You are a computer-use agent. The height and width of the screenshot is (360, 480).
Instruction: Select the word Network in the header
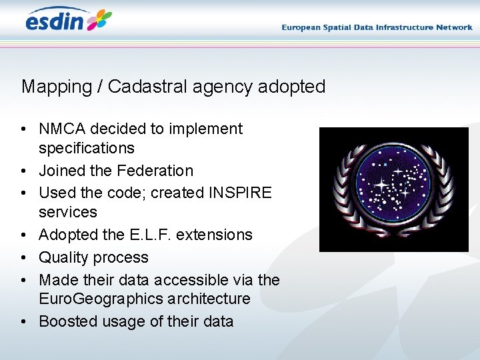(x=454, y=27)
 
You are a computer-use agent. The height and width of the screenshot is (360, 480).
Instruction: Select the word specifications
(x=87, y=148)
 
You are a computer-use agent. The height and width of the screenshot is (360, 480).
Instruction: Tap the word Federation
(x=155, y=171)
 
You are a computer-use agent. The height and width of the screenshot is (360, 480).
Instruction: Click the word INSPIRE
(x=240, y=193)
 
